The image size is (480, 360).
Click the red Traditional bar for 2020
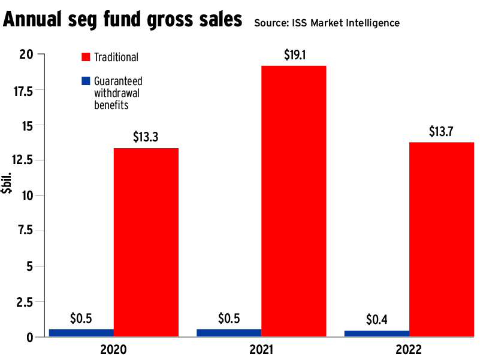pyautogui.click(x=146, y=242)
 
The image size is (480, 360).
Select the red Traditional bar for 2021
pyautogui.click(x=294, y=201)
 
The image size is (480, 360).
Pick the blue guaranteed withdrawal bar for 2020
pyautogui.click(x=81, y=332)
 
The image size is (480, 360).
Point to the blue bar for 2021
pyautogui.click(x=229, y=332)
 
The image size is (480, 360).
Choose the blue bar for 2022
pyautogui.click(x=377, y=333)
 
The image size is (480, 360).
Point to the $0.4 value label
pyautogui.click(x=377, y=319)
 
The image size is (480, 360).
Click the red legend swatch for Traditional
pyautogui.click(x=85, y=57)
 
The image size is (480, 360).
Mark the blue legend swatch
pyautogui.click(x=85, y=80)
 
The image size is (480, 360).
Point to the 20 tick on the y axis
pyautogui.click(x=26, y=55)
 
